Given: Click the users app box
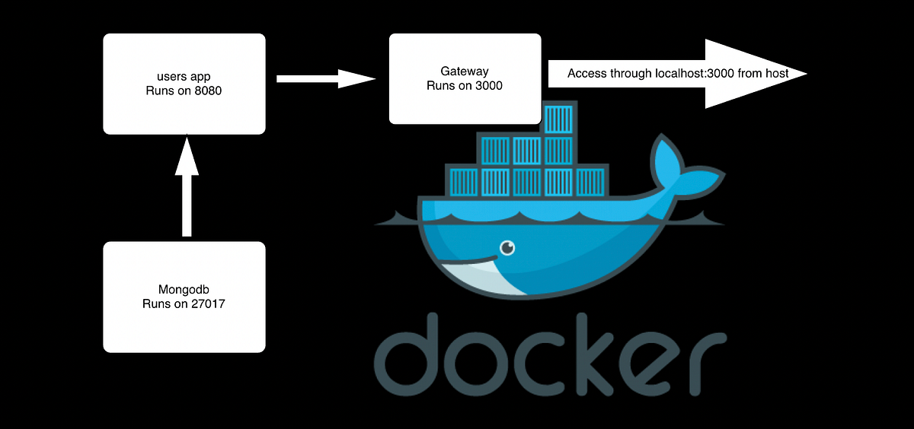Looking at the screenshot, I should click(x=184, y=83).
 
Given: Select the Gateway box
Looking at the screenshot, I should click(x=464, y=78).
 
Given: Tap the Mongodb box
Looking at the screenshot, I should click(x=184, y=297).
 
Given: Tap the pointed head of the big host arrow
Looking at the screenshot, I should click(x=762, y=74).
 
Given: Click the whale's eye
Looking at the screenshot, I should click(x=507, y=247).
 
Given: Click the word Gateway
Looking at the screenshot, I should click(x=464, y=71).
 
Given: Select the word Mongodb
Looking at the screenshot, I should click(x=184, y=290).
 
